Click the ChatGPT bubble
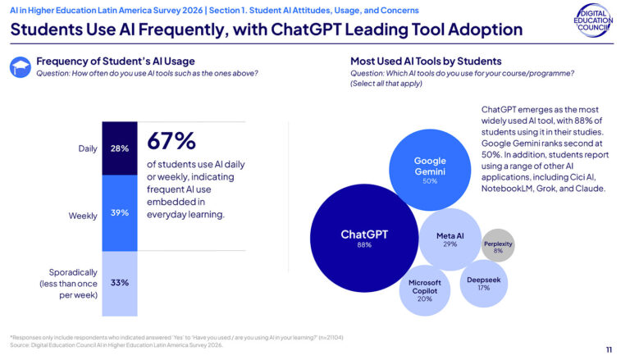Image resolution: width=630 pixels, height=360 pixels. pyautogui.click(x=364, y=239)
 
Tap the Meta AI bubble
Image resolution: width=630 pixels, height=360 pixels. pyautogui.click(x=450, y=239)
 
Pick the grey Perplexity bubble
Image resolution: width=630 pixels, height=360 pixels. pyautogui.click(x=498, y=245)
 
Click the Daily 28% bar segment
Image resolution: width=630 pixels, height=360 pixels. pyautogui.click(x=119, y=148)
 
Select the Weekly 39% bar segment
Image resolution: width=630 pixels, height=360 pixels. pyautogui.click(x=119, y=213)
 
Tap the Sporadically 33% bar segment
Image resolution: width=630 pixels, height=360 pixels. pyautogui.click(x=119, y=283)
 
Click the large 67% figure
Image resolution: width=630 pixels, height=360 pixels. pyautogui.click(x=171, y=140)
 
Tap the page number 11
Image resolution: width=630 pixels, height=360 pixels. pyautogui.click(x=608, y=349)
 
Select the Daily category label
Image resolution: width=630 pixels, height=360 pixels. pyautogui.click(x=86, y=148)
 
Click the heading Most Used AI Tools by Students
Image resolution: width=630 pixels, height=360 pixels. pyautogui.click(x=426, y=62)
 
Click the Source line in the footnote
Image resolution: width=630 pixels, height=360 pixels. pyautogui.click(x=116, y=345)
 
